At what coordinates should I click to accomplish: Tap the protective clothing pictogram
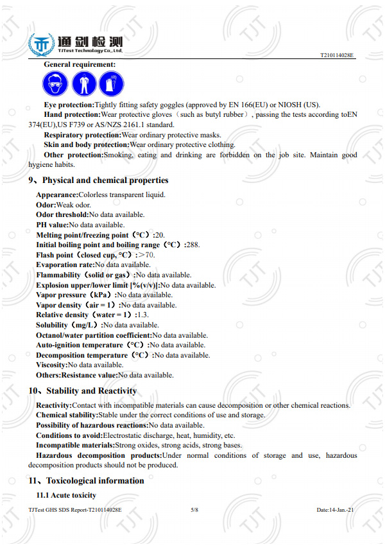(84, 83)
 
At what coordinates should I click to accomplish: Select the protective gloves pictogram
(112, 83)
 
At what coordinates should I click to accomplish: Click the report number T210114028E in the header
(337, 57)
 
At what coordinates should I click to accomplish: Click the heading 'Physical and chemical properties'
(105, 180)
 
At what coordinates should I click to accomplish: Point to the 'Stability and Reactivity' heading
(92, 390)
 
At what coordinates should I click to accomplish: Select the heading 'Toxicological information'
(95, 480)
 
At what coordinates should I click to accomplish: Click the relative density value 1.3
(142, 315)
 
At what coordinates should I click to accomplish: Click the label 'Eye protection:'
(69, 105)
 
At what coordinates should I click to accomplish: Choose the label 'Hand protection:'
(72, 114)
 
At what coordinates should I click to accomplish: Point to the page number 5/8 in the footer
(194, 509)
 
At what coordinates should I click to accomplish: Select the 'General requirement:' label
(80, 64)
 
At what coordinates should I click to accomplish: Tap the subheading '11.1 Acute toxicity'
(66, 495)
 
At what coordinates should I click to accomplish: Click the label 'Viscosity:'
(52, 365)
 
